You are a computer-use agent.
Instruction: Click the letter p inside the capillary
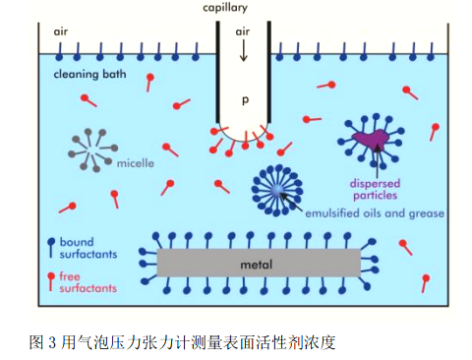point(245,99)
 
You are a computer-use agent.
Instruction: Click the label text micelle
point(135,163)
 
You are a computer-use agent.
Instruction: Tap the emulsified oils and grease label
point(375,213)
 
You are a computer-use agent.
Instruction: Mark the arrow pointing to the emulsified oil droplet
point(292,201)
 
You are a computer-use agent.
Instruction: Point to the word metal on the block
point(258,265)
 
